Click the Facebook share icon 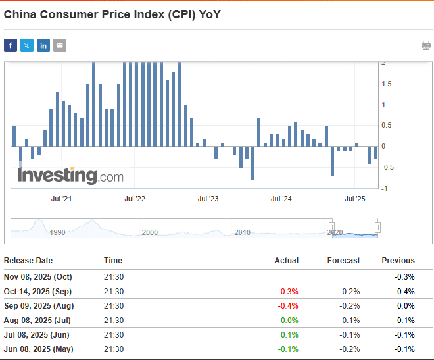point(11,45)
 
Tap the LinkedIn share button point(43,45)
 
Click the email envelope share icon point(60,45)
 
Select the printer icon point(426,45)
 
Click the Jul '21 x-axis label point(60,198)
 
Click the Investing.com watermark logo point(70,176)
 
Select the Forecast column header point(343,261)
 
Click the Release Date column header point(28,261)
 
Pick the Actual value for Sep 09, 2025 point(289,305)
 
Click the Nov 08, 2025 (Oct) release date point(38,276)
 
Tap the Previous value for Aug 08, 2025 point(406,320)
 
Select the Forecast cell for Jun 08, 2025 point(349,349)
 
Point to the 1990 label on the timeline point(57,232)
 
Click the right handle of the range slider point(377,228)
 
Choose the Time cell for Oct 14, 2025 point(114,291)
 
